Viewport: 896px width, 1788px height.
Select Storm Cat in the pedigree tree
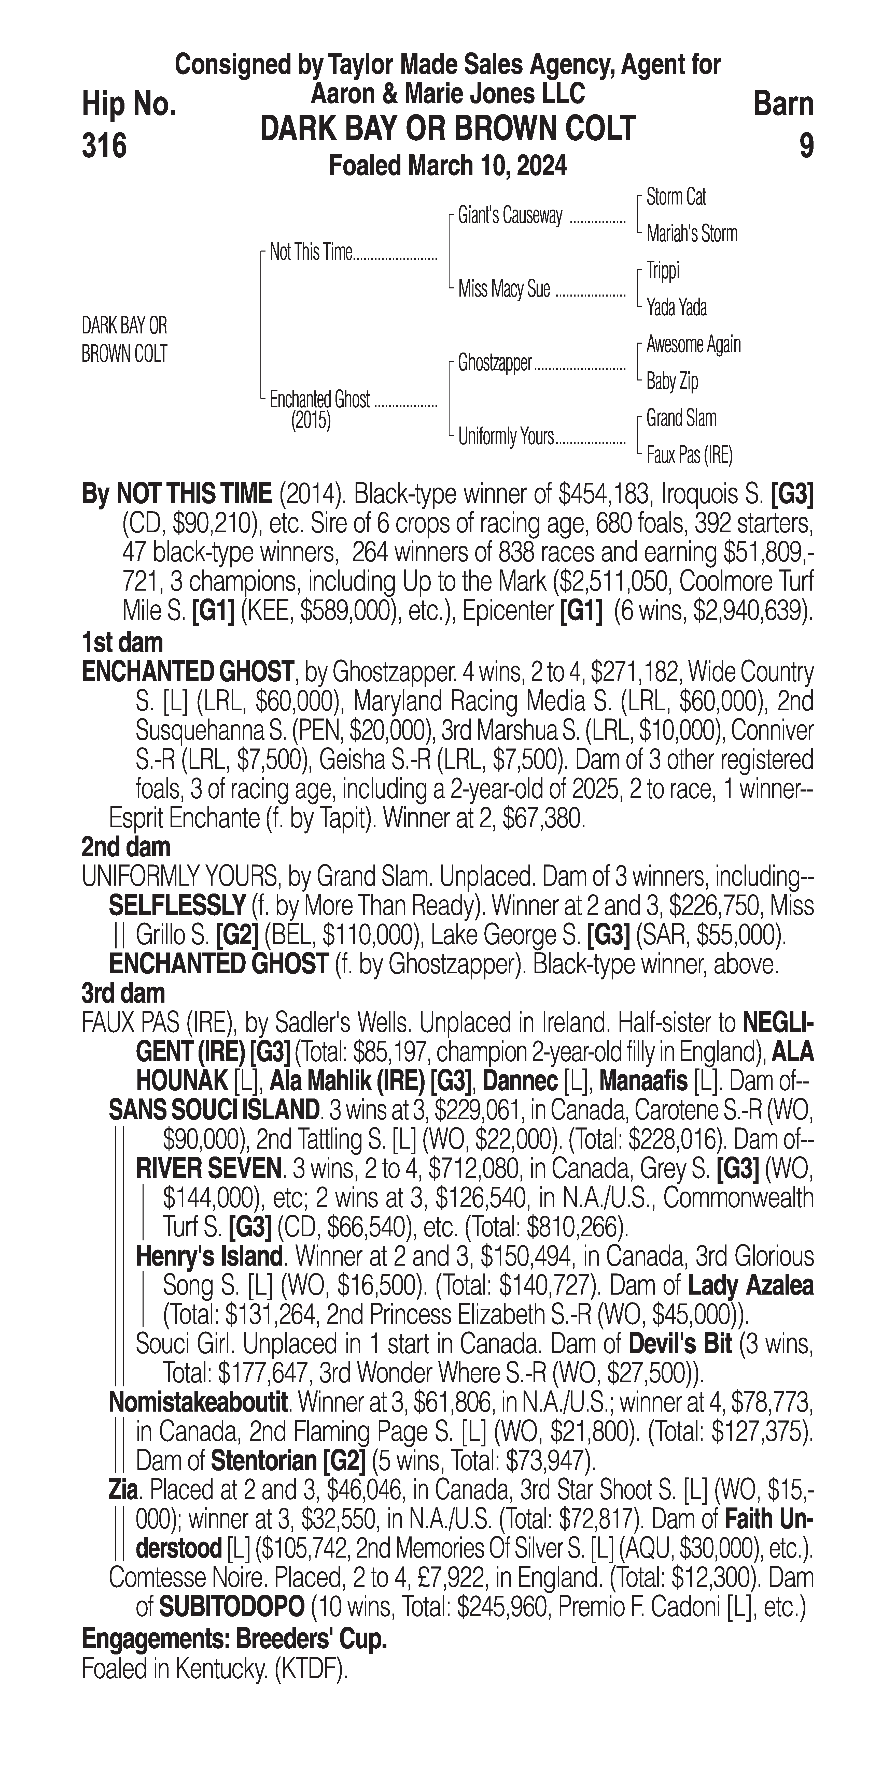[676, 197]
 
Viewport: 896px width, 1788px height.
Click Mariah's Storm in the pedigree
[691, 234]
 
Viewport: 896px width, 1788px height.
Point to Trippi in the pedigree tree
[663, 271]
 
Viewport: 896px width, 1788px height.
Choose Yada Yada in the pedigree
[677, 307]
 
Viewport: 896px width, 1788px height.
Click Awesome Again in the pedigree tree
[693, 344]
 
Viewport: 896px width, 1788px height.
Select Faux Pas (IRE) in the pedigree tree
[689, 455]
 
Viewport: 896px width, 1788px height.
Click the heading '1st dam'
[122, 643]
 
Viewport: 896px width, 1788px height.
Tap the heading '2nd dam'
[126, 847]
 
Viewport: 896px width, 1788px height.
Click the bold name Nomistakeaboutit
[198, 1403]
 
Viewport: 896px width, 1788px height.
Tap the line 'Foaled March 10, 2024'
[447, 167]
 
